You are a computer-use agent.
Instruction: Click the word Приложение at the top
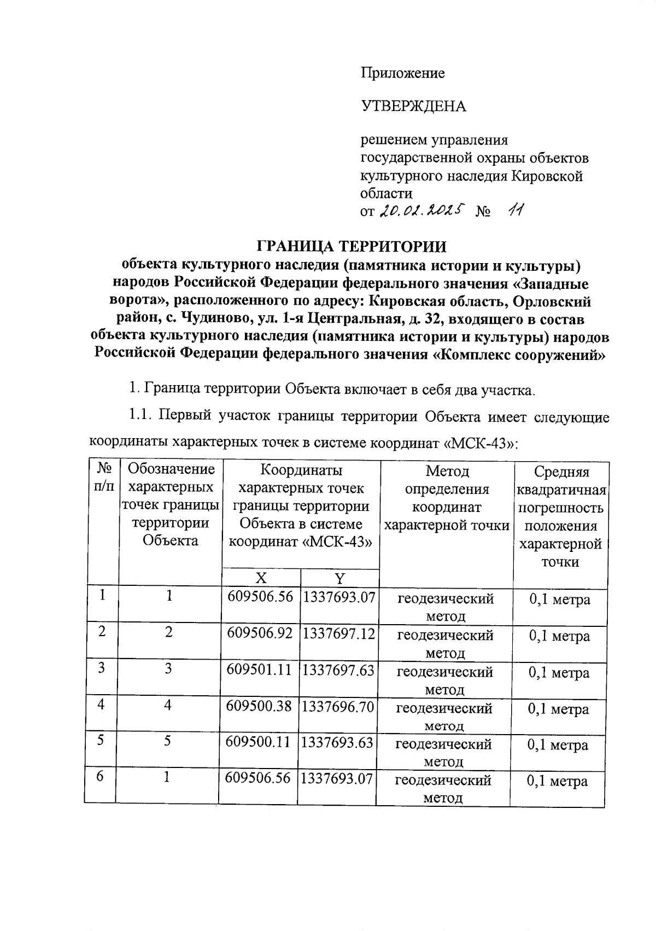click(402, 73)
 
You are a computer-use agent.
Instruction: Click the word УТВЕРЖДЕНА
click(413, 106)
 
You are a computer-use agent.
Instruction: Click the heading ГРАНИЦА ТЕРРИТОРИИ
click(352, 247)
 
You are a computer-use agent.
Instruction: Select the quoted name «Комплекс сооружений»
click(518, 353)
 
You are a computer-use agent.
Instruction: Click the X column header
click(261, 578)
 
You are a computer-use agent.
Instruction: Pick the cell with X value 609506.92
click(260, 633)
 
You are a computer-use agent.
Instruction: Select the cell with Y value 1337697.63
click(338, 670)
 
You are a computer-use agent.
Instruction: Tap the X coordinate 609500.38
click(260, 706)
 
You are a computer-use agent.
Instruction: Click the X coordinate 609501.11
click(260, 670)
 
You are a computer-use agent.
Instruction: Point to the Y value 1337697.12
click(338, 633)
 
